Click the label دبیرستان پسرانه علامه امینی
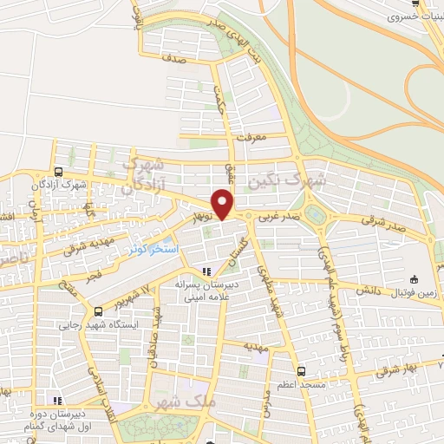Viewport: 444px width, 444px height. [x=206, y=290]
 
